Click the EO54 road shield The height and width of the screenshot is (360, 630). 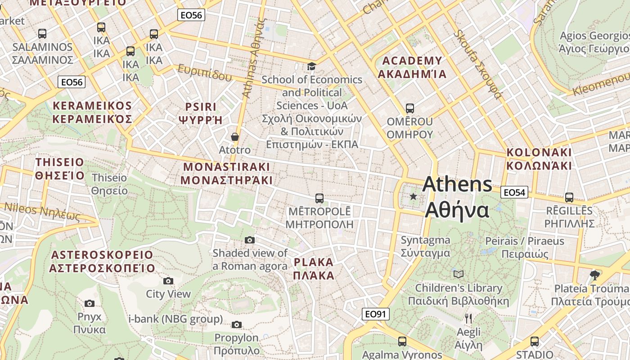pos(514,193)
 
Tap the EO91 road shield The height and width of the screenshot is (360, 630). pos(375,314)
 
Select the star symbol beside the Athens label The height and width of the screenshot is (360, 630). pos(413,197)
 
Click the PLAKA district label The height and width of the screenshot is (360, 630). pos(314,269)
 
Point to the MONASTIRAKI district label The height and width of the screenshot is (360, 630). pos(226,174)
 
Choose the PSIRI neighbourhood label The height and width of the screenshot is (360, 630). pos(201,113)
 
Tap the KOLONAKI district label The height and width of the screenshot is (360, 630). pos(539,159)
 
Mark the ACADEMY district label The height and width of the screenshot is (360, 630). pos(412,67)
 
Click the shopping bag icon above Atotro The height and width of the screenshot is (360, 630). pos(234,137)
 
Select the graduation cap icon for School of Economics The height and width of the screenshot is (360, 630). pos(311,67)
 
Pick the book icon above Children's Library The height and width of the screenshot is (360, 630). pos(458,274)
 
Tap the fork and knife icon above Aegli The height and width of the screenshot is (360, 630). pos(468,319)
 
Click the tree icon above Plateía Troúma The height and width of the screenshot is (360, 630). pos(594,275)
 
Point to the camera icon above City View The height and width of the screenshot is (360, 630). pos(168,281)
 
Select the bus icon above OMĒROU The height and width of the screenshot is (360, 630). pos(409,108)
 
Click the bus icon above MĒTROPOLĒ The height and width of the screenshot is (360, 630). pos(319,198)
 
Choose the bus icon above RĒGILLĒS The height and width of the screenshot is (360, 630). pos(569,197)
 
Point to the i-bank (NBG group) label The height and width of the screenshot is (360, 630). pos(175,319)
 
